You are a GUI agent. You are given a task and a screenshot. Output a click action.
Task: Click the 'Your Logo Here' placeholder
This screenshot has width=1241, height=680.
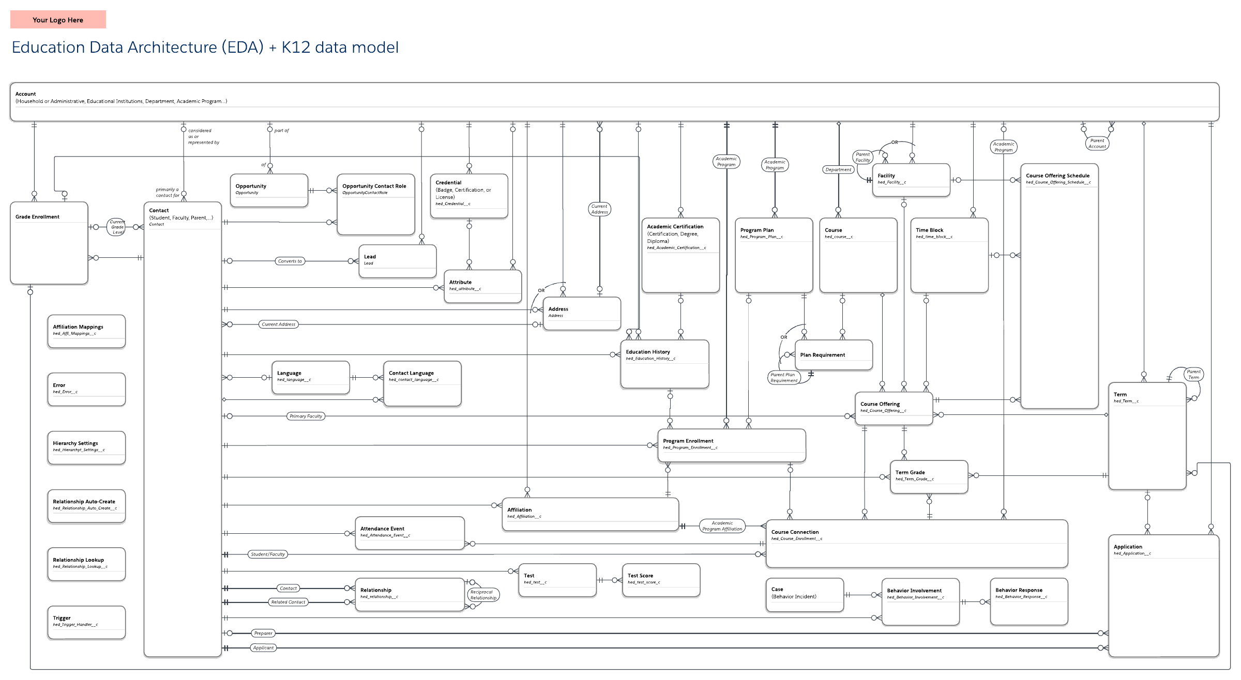(x=58, y=20)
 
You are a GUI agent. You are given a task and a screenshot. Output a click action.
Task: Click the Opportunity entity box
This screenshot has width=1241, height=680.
(x=269, y=191)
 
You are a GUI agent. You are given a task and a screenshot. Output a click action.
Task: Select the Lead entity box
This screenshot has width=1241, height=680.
(x=397, y=261)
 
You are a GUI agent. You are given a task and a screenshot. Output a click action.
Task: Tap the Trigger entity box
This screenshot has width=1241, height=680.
(x=86, y=622)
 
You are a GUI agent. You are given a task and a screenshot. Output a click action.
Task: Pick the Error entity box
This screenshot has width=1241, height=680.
(x=86, y=389)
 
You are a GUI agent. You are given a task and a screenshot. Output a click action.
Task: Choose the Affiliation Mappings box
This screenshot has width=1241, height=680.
(x=86, y=331)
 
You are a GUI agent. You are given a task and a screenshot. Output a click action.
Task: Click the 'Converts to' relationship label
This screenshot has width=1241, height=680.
(x=290, y=261)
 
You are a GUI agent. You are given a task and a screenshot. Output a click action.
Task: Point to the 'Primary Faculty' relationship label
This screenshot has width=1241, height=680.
(x=306, y=416)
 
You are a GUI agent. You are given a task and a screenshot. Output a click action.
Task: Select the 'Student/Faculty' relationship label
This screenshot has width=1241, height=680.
(x=268, y=554)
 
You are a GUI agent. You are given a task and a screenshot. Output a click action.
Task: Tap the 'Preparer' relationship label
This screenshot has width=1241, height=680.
(x=263, y=633)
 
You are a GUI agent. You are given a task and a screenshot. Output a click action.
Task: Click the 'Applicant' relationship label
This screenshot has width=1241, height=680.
(x=263, y=647)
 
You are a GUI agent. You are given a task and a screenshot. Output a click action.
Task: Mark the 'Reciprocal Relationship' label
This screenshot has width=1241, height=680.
(x=483, y=595)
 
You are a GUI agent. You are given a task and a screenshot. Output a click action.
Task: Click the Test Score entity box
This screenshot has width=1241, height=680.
(x=661, y=580)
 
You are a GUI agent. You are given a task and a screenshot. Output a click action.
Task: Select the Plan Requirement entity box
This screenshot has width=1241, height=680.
(x=833, y=355)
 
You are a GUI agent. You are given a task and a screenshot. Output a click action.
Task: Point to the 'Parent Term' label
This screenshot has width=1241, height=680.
(x=1193, y=374)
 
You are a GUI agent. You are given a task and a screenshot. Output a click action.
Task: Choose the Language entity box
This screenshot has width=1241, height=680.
(x=310, y=377)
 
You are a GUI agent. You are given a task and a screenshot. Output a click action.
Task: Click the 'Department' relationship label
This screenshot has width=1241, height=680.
(x=838, y=169)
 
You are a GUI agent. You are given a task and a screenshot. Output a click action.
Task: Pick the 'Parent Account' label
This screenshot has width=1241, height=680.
(x=1097, y=143)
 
